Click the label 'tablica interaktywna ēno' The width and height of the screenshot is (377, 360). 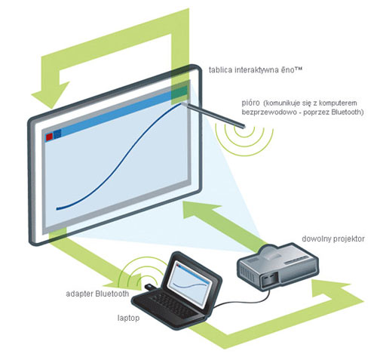pos(255,69)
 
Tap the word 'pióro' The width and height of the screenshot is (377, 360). pos(250,103)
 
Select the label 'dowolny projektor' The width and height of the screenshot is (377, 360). pos(333,238)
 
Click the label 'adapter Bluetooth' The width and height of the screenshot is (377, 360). pos(97,294)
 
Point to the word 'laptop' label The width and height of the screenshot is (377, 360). pos(128,318)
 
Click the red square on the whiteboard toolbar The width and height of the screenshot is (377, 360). pos(49,137)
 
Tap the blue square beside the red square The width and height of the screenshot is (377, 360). pos(58,134)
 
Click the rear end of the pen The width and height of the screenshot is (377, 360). pos(244,126)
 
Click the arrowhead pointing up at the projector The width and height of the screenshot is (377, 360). pos(330,288)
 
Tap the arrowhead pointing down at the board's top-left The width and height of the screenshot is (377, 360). pos(51,97)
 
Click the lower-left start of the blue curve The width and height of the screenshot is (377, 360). pos(57,209)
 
